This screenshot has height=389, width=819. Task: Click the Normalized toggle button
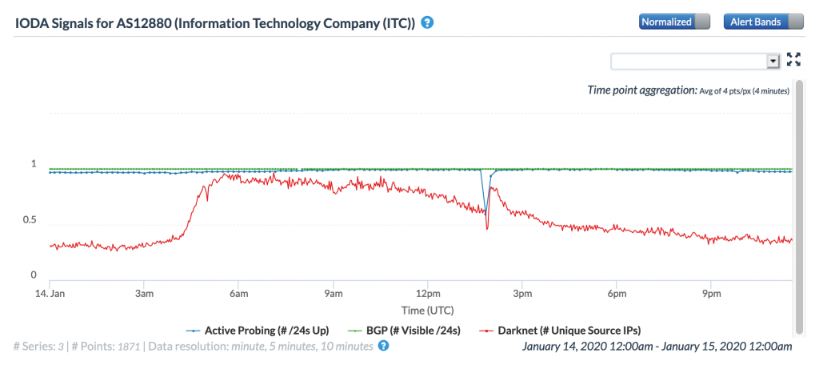point(674,22)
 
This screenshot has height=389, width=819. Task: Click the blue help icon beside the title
point(428,22)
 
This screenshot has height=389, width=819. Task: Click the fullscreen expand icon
point(793,59)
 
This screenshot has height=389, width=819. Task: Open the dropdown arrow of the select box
point(773,61)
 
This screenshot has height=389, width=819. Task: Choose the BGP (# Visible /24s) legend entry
point(405,330)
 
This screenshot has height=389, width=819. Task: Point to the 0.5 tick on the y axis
point(29,220)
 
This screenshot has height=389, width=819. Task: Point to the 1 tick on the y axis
point(34,164)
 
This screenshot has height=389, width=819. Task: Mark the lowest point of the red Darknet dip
point(487,230)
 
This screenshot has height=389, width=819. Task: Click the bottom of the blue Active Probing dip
point(485,212)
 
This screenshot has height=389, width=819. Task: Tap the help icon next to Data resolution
point(383,346)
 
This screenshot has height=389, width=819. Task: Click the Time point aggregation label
point(642,90)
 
